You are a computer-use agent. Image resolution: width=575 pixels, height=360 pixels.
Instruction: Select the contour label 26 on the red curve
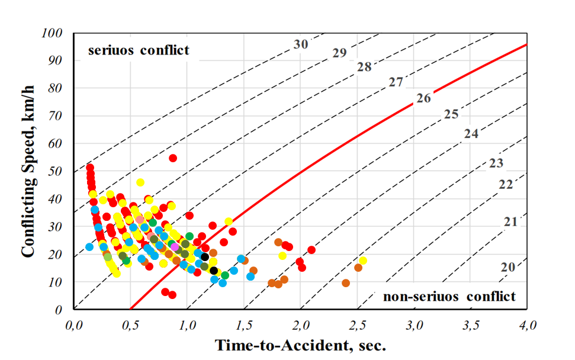[x=423, y=98]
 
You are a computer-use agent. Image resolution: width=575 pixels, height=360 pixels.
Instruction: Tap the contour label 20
[x=507, y=267]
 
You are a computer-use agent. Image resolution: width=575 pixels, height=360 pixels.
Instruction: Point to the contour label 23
[x=496, y=163]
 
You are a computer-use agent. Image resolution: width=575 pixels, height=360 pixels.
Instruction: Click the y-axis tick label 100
[x=53, y=33]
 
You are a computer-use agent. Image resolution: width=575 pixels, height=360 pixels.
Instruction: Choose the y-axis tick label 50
[x=56, y=171]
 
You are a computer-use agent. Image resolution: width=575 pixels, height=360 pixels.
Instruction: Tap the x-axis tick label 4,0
[x=526, y=325]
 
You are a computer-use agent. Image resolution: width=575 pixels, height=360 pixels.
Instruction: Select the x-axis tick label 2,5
[x=356, y=325]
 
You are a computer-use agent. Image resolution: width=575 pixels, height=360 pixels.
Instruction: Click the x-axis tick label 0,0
[x=73, y=325]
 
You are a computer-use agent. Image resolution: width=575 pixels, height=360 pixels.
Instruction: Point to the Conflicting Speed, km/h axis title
[x=28, y=172]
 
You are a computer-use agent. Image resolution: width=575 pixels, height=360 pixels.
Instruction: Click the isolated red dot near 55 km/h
[x=173, y=158]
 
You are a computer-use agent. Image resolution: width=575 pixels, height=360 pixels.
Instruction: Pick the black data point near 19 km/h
[x=205, y=257]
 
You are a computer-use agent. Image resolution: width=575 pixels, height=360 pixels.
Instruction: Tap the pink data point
[x=175, y=247]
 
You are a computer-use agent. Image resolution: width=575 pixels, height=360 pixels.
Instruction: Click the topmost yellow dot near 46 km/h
[x=140, y=182]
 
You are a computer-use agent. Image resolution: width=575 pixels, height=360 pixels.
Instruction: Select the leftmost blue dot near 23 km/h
[x=89, y=247]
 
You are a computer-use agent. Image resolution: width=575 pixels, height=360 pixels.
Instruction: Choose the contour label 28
[x=364, y=67]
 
